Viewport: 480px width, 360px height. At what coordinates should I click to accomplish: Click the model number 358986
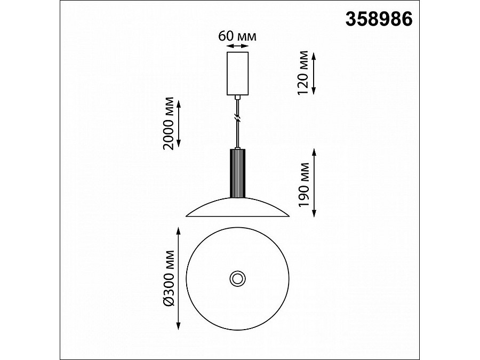pos(379,19)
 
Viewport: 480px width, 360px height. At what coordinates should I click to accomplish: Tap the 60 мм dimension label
pos(237,36)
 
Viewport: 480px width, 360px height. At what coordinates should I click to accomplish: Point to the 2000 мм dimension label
pos(169,123)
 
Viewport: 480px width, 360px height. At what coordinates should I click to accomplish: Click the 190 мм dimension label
pos(304,185)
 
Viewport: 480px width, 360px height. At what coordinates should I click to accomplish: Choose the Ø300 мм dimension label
pos(169,278)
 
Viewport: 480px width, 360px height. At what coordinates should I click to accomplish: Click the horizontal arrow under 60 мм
pos(237,46)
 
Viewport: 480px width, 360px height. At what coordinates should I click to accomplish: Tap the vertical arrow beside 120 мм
pos(314,73)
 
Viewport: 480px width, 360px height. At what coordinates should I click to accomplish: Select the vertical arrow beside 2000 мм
pos(179,123)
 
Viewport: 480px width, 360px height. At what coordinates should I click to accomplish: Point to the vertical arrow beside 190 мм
pos(314,183)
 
